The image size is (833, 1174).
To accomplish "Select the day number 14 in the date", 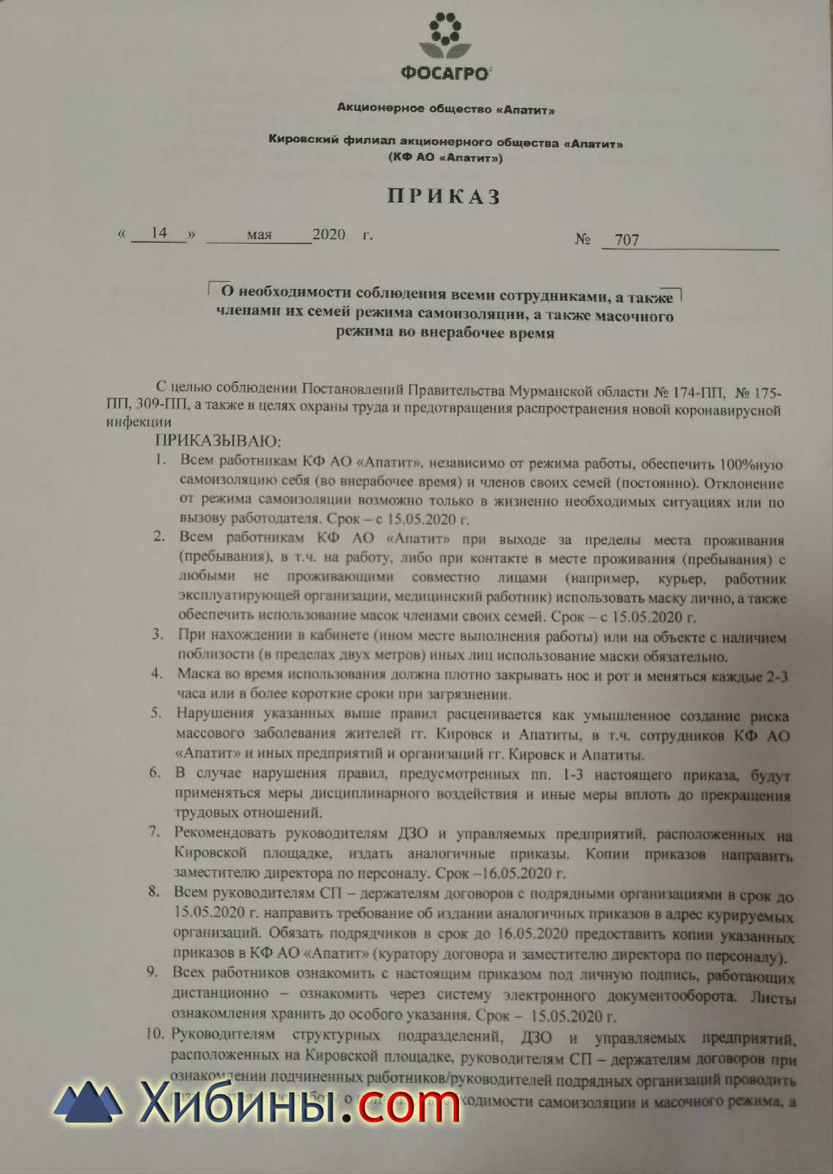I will (x=158, y=233).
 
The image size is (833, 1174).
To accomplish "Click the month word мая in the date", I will (x=259, y=235).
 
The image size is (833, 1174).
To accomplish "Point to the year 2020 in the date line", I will (x=329, y=235).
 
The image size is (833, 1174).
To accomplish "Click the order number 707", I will (x=627, y=240).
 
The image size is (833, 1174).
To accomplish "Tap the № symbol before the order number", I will (x=582, y=239).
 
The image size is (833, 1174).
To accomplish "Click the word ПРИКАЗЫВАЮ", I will (x=218, y=441).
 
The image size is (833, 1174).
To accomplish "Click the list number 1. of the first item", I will (x=161, y=460).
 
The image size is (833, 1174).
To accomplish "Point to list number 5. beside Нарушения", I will (x=155, y=712).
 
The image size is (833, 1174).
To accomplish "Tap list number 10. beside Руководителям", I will (x=155, y=1035).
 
